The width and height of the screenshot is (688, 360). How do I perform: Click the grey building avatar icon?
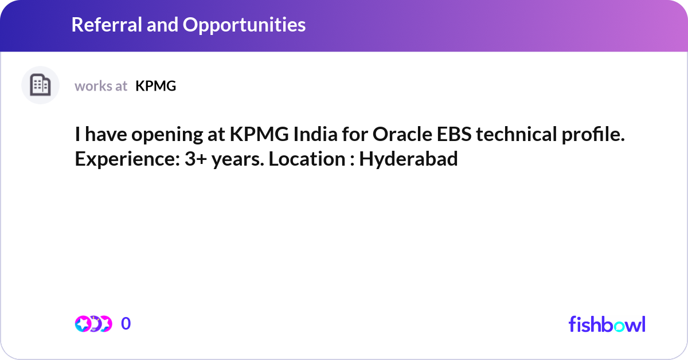(x=40, y=85)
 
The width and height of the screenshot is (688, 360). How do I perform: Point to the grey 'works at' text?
(x=101, y=86)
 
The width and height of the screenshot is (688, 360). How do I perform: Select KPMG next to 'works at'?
(x=155, y=86)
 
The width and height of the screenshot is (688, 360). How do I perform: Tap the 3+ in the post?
(x=196, y=159)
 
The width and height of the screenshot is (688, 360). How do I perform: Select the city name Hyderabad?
(x=409, y=159)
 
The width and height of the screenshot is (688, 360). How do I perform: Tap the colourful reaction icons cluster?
(x=93, y=324)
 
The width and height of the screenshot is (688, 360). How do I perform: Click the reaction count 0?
(x=126, y=324)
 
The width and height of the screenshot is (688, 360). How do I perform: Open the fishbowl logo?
(x=607, y=324)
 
